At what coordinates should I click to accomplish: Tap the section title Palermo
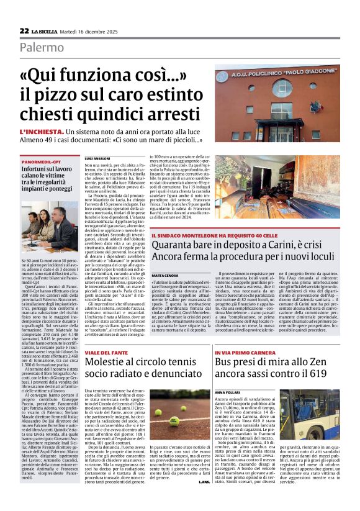tap(42, 47)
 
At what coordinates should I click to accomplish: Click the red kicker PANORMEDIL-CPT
tap(40, 161)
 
